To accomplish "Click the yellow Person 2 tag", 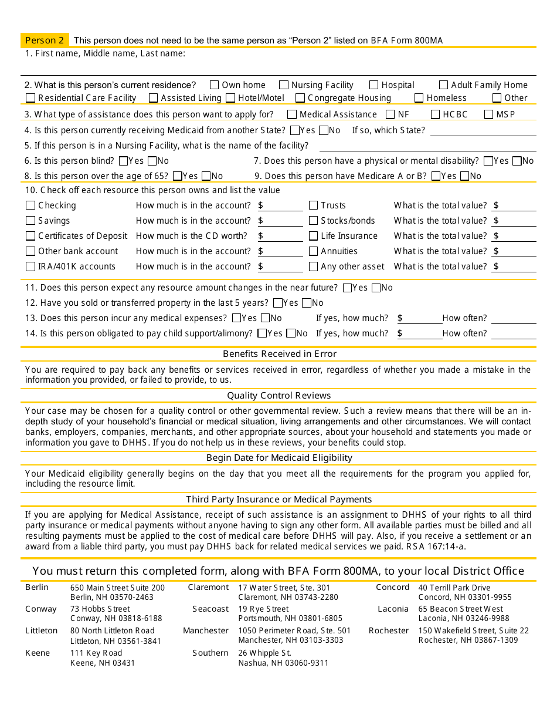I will [45, 41].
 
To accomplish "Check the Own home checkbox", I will [215, 85].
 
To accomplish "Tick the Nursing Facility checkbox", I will [284, 85].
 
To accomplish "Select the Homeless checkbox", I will [419, 98].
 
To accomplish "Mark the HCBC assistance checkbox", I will [436, 114].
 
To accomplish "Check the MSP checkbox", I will [489, 114].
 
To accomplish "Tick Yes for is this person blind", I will [123, 161].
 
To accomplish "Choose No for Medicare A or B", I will [465, 176].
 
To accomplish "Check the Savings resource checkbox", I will [30, 221].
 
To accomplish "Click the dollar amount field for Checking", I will [283, 205].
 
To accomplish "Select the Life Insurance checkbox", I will [314, 236].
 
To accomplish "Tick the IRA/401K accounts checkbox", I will [30, 266].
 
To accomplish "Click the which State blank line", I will [483, 131].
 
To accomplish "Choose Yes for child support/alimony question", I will [262, 333].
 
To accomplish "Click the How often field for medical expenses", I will [514, 319].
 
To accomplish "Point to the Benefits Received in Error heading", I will [280, 354].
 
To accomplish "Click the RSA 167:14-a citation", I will [436, 546].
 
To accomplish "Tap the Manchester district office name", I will [206, 631].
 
